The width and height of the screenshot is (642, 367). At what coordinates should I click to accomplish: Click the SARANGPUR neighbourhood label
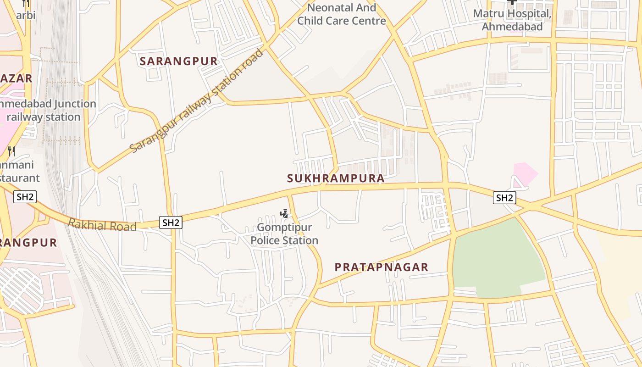click(179, 61)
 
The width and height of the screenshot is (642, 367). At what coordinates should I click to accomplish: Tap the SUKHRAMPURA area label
click(336, 178)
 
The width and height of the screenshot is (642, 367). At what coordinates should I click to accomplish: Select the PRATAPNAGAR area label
click(382, 267)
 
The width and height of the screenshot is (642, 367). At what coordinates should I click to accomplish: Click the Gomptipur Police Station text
click(284, 234)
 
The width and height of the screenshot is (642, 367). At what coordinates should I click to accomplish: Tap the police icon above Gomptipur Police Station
click(284, 213)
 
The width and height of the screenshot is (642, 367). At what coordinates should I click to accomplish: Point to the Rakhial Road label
click(102, 225)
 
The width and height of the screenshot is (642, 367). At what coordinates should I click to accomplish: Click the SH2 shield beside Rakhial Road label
click(171, 223)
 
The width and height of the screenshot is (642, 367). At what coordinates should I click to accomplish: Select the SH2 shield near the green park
click(504, 198)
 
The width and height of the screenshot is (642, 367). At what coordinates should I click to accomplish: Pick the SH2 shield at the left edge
click(25, 197)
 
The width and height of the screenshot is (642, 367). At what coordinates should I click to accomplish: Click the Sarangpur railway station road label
click(197, 101)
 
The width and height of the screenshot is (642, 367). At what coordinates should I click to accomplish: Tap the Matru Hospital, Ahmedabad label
click(512, 20)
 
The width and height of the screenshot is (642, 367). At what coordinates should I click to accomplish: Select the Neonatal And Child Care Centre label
click(342, 14)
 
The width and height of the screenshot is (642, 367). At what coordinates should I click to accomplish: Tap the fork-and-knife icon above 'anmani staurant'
click(11, 151)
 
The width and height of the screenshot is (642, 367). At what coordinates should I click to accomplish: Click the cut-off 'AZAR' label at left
click(16, 78)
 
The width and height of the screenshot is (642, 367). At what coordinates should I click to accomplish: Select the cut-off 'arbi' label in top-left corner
click(26, 15)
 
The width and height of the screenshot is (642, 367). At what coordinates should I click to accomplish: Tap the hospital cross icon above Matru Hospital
click(512, 2)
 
